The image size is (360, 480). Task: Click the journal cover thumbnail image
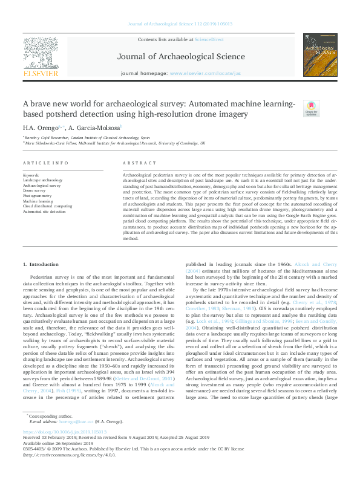[320, 55]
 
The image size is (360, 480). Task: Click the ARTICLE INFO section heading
[45, 163]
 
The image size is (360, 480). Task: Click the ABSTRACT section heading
[135, 163]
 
